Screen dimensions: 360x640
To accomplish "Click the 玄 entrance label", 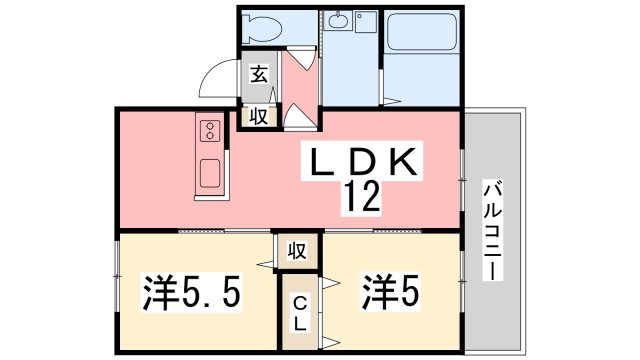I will pos(258,73).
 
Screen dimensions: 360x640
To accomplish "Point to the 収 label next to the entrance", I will pos(258,116).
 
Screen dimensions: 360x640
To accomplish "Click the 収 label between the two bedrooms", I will pos(297,250).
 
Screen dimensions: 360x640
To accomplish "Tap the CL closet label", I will pos(299,314).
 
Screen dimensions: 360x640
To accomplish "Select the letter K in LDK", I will pos(410,162).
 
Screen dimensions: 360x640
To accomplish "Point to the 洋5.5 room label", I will pos(191,294).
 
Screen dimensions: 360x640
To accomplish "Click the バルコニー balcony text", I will pos(491,230).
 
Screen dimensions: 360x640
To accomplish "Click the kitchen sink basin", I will pos(212,172).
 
